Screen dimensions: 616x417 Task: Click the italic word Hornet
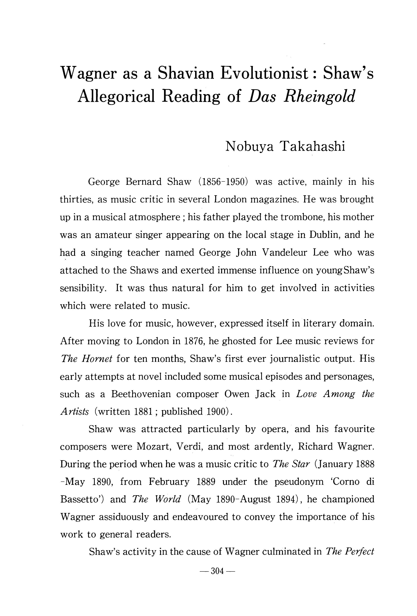(x=97, y=359)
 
